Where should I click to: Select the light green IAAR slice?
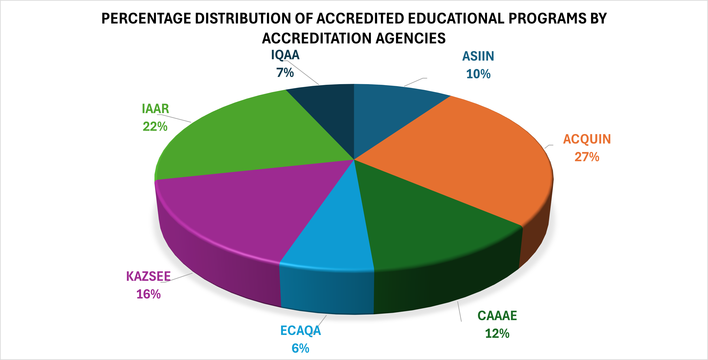(247, 137)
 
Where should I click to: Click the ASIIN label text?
(478, 56)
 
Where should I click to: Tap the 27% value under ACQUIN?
(587, 157)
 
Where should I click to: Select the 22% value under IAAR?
(155, 127)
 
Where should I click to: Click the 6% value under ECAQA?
(300, 348)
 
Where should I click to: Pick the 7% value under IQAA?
(285, 73)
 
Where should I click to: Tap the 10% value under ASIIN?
(478, 74)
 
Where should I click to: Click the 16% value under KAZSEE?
(148, 294)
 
